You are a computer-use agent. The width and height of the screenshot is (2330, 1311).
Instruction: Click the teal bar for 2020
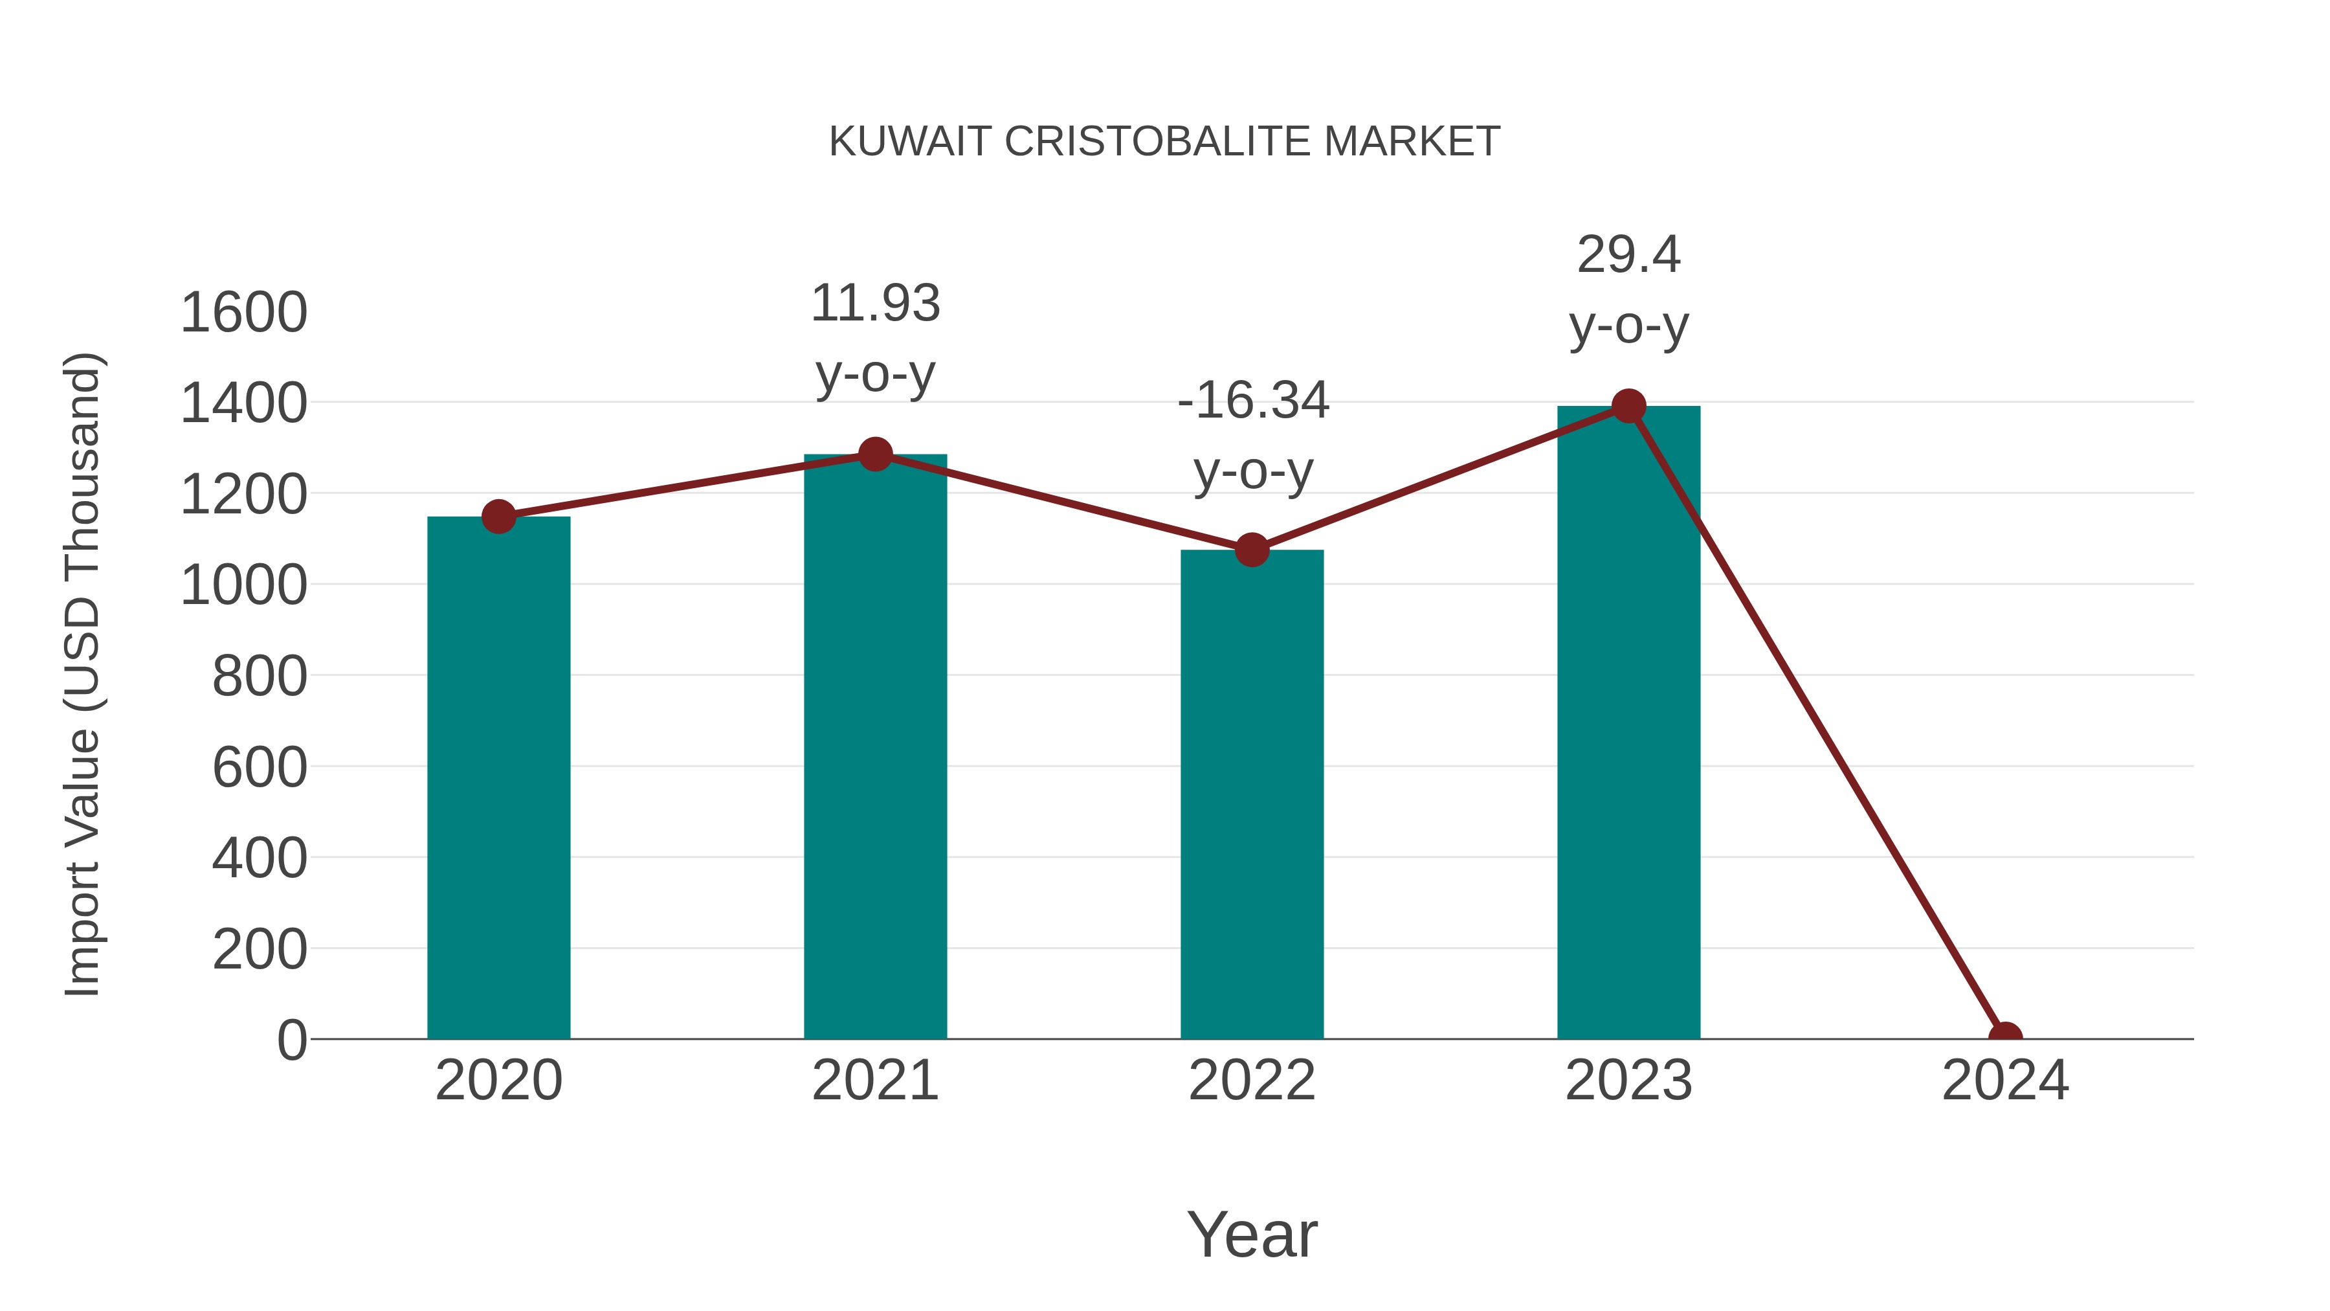[498, 778]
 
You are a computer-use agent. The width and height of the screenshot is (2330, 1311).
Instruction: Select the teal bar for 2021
[874, 746]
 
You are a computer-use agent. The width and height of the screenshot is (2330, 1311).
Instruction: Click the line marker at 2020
[498, 517]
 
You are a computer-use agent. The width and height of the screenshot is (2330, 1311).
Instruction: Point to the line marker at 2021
[874, 454]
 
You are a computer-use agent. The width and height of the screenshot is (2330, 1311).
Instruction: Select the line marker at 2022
[1252, 549]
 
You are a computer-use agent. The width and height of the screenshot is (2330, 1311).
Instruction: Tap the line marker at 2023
[1628, 406]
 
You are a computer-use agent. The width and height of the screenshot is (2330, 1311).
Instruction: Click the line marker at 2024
[2005, 1037]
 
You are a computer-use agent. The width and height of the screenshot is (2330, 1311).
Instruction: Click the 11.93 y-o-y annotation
[874, 339]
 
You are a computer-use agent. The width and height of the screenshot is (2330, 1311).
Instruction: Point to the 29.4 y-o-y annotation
[1628, 289]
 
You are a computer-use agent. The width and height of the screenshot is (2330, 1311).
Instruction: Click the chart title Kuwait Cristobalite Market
[1164, 142]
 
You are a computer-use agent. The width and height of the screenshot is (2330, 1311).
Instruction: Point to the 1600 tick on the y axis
[244, 313]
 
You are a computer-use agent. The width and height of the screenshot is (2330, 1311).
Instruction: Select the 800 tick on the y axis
[260, 676]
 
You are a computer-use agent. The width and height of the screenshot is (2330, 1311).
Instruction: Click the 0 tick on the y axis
[292, 1040]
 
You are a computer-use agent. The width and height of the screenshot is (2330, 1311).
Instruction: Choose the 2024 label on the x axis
[2005, 1081]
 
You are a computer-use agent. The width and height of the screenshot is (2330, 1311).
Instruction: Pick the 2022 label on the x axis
[1252, 1081]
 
